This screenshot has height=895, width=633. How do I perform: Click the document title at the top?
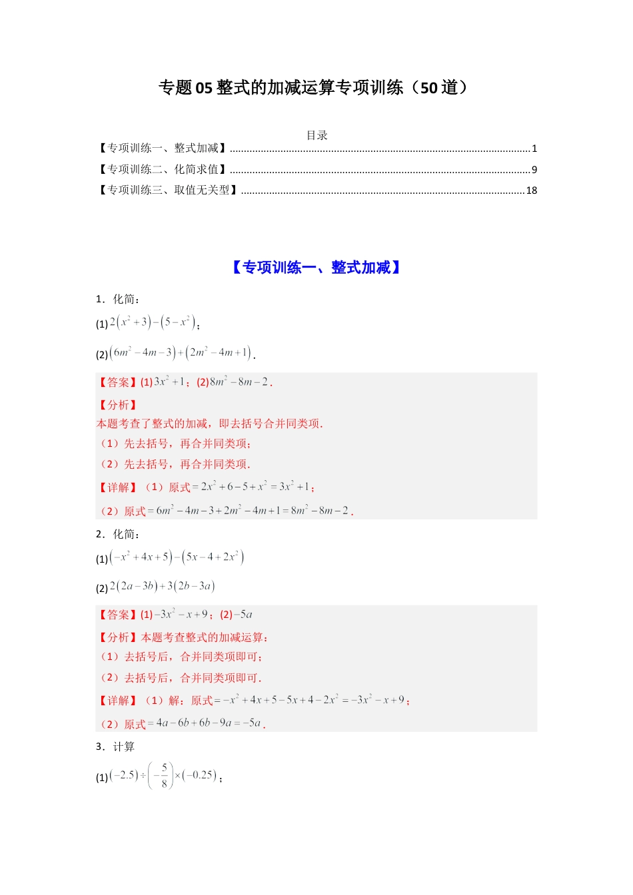point(315,88)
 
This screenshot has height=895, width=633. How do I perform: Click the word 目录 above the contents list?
point(316,135)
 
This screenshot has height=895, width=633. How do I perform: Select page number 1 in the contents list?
point(534,149)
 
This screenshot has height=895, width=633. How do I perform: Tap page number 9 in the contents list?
point(534,170)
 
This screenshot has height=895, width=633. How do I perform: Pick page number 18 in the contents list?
point(531,190)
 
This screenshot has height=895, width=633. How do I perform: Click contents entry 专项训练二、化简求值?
point(163,170)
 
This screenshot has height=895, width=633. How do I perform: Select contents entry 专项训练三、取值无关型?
point(169,190)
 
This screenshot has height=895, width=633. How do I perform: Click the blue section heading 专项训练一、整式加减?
point(316,268)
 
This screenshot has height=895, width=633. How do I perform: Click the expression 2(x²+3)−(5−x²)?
point(153,323)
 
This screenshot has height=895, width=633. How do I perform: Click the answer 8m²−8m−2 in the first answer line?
point(240,382)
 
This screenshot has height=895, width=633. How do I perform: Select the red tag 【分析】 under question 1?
point(118,405)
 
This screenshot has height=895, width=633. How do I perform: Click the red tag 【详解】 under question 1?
point(118,487)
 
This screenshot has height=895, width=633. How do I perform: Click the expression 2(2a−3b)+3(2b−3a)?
point(162,587)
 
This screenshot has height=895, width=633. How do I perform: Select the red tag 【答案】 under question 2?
point(118,615)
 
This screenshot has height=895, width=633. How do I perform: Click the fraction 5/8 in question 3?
point(164,776)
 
